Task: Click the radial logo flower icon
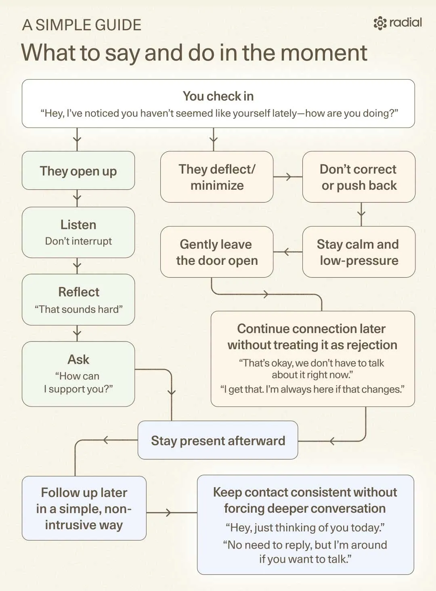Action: tap(380, 23)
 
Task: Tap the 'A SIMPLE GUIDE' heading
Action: tap(82, 25)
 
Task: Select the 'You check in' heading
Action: tap(218, 96)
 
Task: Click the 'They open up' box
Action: tap(78, 170)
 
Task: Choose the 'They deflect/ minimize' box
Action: tap(217, 177)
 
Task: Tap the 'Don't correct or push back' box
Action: tap(358, 177)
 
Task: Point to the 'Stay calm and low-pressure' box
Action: tap(358, 252)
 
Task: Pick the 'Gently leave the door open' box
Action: tap(217, 252)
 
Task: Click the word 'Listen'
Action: tap(78, 225)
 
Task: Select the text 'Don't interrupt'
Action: tap(78, 241)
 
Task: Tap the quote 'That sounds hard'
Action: tap(79, 309)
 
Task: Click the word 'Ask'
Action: tap(78, 359)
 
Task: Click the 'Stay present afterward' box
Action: tap(218, 440)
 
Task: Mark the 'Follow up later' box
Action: tap(84, 508)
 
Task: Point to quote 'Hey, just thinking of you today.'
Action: tap(305, 528)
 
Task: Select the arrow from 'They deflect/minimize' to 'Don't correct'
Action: tap(288, 177)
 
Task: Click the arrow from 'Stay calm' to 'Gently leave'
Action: tap(288, 252)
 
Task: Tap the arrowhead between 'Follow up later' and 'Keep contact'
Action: tap(168, 513)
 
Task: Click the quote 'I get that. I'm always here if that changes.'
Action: tap(312, 390)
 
